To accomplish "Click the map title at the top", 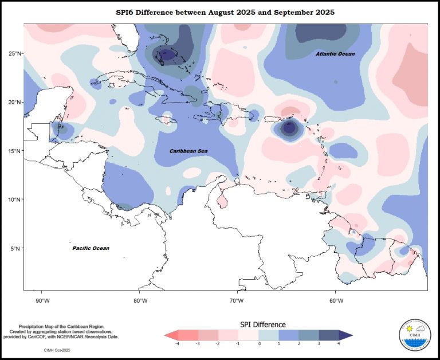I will (225, 12).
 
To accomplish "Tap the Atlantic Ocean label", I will (335, 54).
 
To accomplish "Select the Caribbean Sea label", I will (188, 151).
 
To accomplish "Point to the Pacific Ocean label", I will (91, 248).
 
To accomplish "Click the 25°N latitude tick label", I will (13, 53).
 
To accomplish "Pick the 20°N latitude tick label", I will (13, 102).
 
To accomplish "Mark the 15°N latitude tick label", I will (13, 151).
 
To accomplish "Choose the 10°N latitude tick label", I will (13, 199).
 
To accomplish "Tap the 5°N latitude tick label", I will (15, 248).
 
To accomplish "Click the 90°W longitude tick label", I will (42, 300).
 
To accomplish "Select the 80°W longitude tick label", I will (140, 300).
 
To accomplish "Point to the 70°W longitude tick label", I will (238, 300).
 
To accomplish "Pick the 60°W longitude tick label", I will (336, 300).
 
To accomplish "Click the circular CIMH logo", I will (413, 335).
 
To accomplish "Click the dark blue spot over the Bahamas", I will (167, 54).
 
